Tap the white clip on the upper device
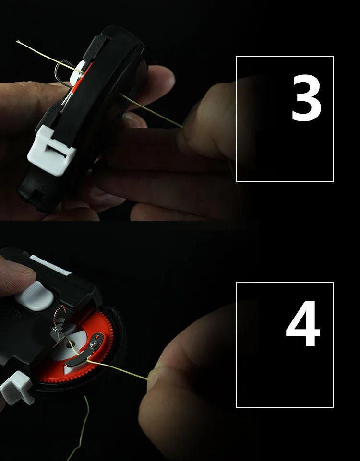pos(51,150)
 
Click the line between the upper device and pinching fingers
pos(151,111)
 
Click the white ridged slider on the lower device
pos(50,261)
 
